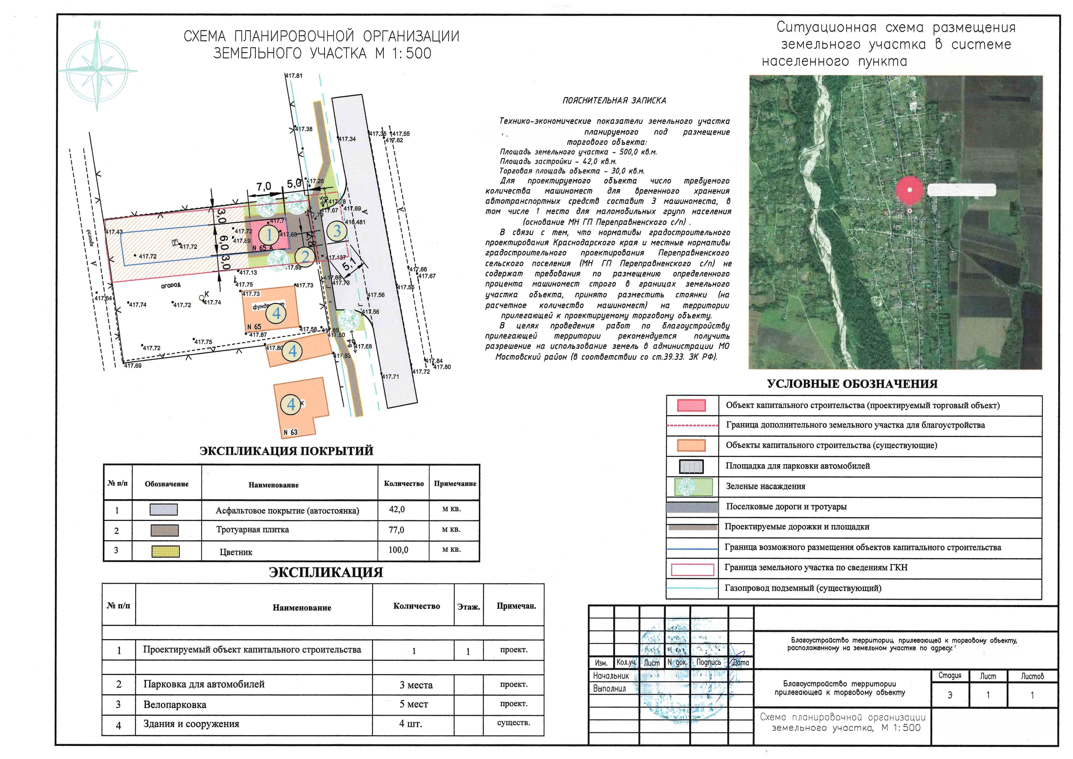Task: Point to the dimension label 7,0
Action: pos(263,187)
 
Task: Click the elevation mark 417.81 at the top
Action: pos(294,76)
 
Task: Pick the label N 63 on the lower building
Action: pos(290,432)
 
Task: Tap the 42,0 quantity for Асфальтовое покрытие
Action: pos(397,509)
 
